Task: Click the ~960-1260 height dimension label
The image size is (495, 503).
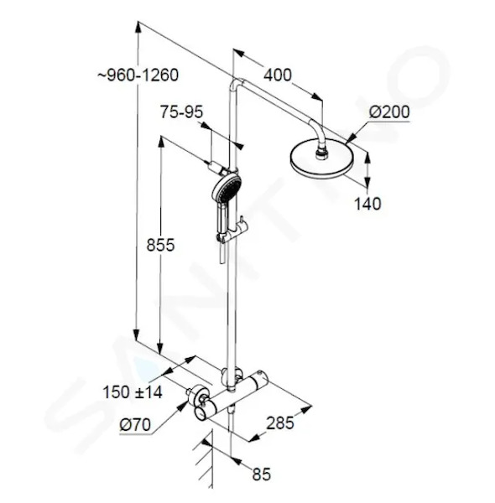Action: point(138,75)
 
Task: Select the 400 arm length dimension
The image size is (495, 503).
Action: point(278,75)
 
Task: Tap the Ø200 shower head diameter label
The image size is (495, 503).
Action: point(389,112)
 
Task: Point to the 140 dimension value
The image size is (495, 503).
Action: point(367,204)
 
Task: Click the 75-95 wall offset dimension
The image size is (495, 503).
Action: point(182,112)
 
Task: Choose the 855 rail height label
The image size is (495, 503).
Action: point(160,245)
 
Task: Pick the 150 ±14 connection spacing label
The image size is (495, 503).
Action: point(133,392)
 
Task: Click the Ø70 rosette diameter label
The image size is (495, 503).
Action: point(135,425)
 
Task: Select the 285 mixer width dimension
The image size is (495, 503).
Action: point(280,423)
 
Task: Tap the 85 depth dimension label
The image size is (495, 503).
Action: point(262,474)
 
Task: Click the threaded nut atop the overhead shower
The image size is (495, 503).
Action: point(322,152)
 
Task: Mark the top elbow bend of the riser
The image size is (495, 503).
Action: point(237,83)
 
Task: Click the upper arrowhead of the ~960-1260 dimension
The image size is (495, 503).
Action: point(138,27)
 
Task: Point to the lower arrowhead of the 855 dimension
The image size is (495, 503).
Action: point(159,347)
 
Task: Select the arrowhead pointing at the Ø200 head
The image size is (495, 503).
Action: point(350,138)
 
